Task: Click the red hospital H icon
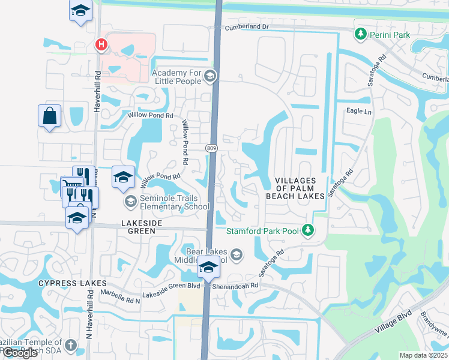pos(101,44)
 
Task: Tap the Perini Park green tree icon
pos(361,35)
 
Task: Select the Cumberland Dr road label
pos(247,28)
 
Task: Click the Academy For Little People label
pos(177,76)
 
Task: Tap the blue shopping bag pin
pos(49,116)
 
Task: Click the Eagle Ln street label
pos(359,111)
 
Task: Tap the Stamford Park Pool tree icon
pos(308,230)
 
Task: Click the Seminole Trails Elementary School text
pos(174,203)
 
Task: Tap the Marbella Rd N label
pos(120,295)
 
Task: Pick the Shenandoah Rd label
pos(238,286)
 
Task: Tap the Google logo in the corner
pos(20,353)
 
